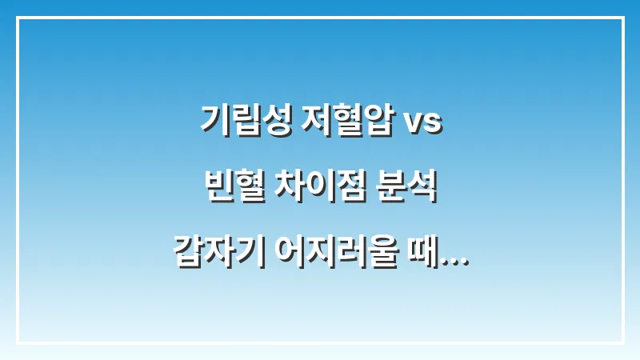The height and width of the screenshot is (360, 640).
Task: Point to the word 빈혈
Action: point(229,190)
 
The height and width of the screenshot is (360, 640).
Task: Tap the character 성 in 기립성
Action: point(270,122)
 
